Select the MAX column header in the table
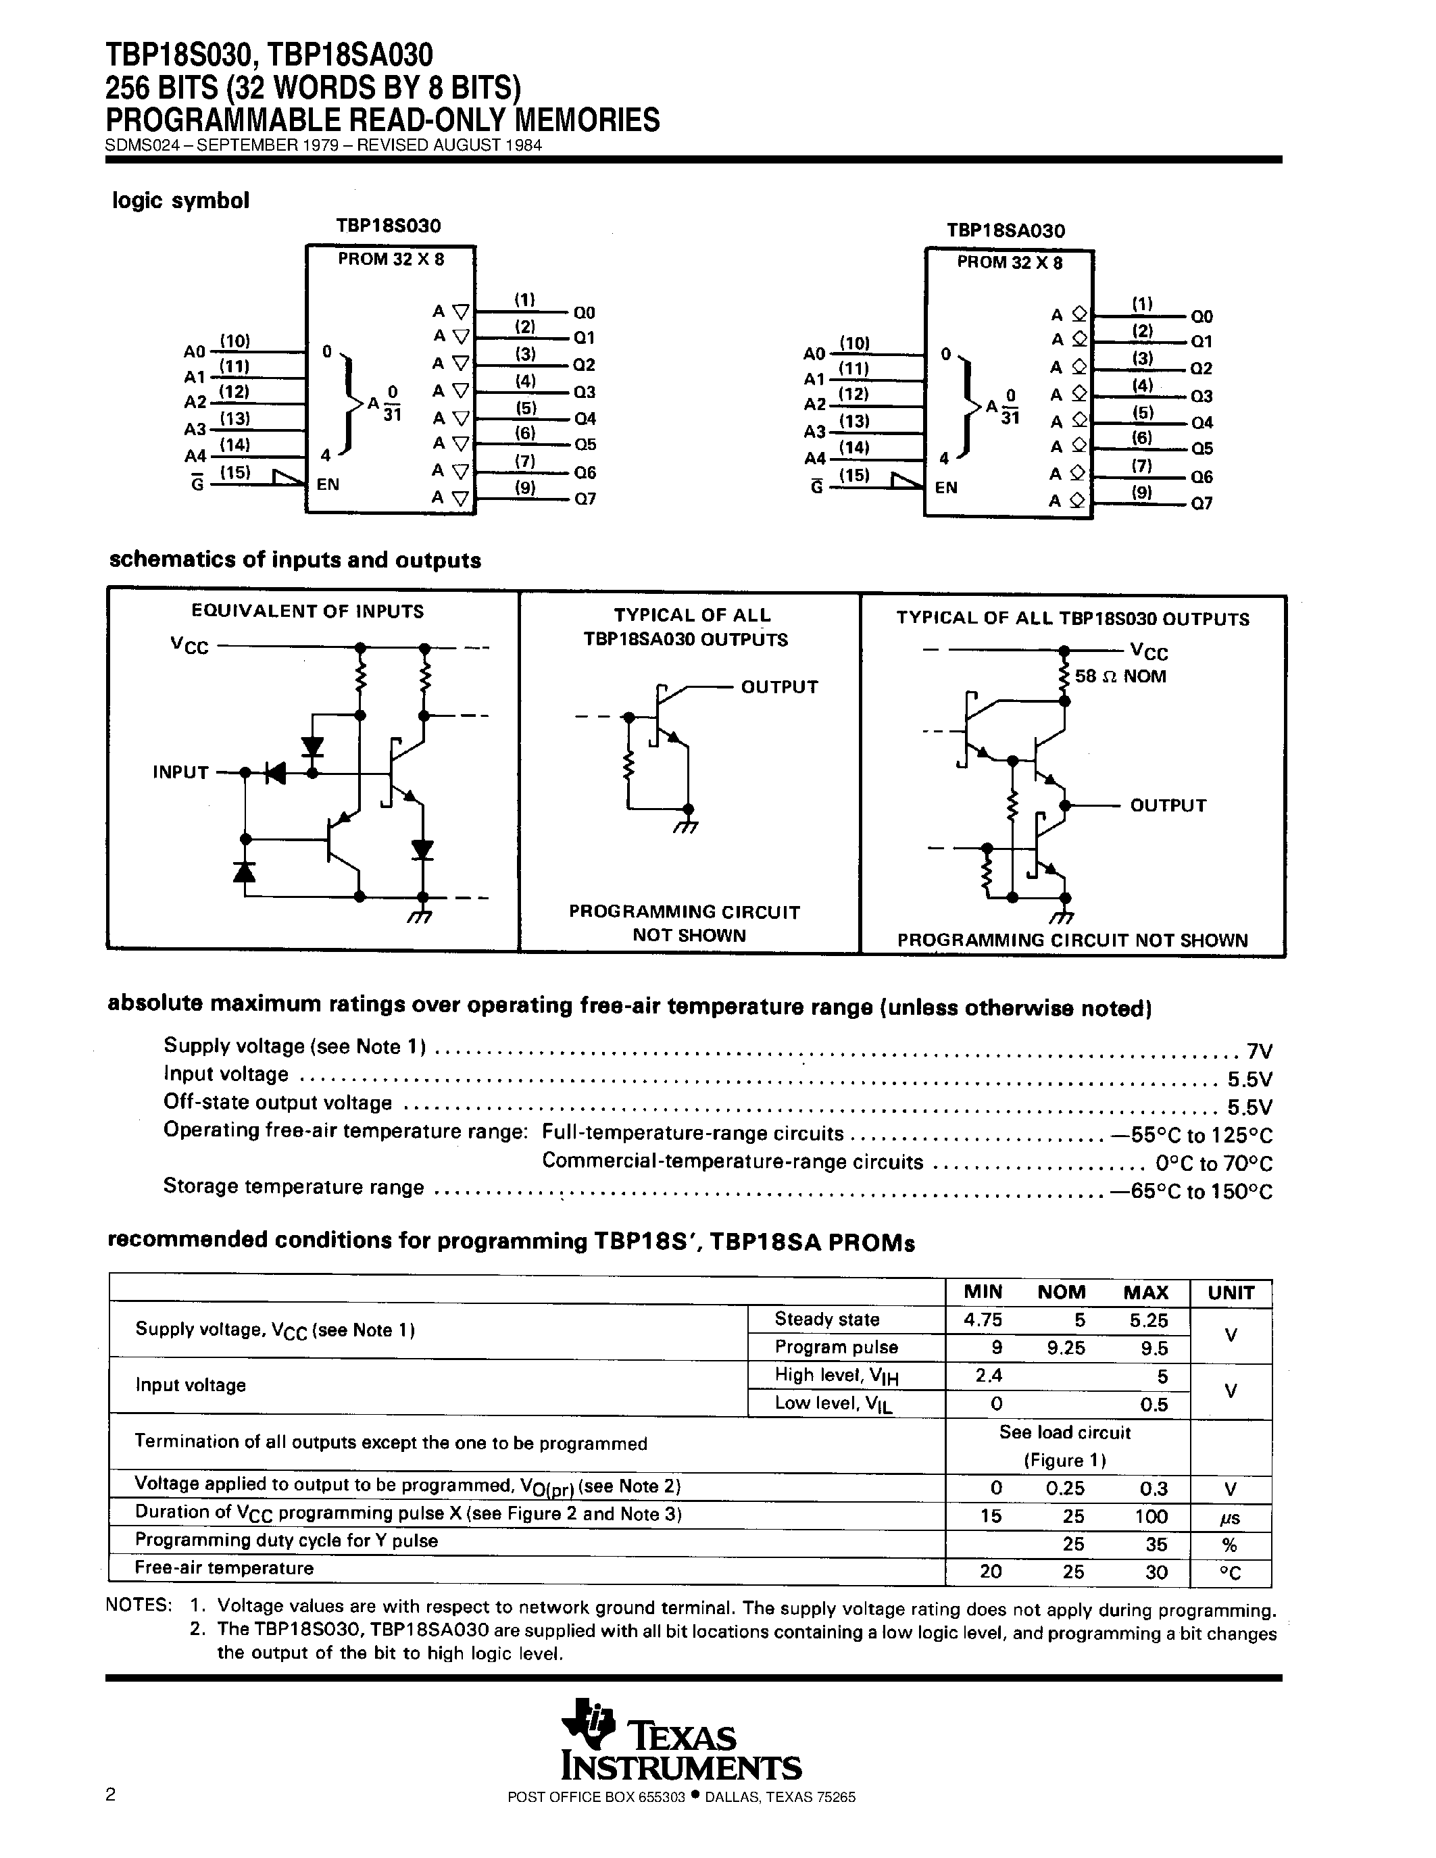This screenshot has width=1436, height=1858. pyautogui.click(x=1145, y=1292)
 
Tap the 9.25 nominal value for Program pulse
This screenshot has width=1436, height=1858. pyautogui.click(x=1065, y=1348)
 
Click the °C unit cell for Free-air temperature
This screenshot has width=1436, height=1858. pyautogui.click(x=1230, y=1573)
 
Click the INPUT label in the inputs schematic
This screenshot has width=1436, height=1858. pyautogui.click(x=180, y=772)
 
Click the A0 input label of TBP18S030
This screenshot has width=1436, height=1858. pyautogui.click(x=195, y=351)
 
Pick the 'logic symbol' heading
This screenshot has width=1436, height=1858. pyautogui.click(x=180, y=201)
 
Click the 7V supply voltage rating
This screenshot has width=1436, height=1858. pyautogui.click(x=1258, y=1051)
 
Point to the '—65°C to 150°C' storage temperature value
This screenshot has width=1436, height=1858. pyautogui.click(x=1191, y=1191)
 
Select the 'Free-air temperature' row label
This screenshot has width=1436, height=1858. pyautogui.click(x=224, y=1568)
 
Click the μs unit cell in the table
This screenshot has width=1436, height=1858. pyautogui.click(x=1230, y=1517)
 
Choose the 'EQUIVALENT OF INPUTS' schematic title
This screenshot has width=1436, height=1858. pyautogui.click(x=307, y=611)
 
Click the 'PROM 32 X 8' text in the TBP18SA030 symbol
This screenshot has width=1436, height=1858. pyautogui.click(x=1009, y=263)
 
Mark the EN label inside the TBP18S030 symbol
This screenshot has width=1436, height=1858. pyautogui.click(x=328, y=484)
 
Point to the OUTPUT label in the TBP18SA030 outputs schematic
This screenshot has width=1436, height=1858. pyautogui.click(x=779, y=686)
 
